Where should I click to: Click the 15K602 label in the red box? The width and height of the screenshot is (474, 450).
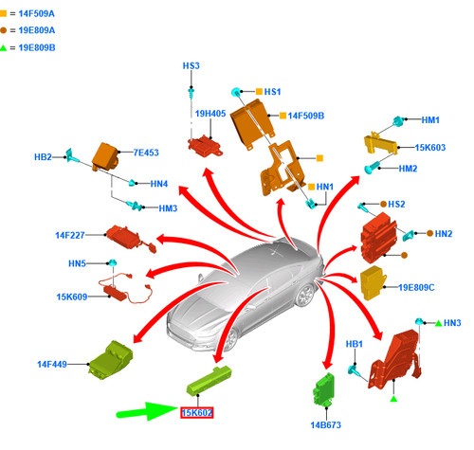197,413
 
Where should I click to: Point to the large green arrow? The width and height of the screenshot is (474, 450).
147,411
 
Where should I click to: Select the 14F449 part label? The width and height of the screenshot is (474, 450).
52,364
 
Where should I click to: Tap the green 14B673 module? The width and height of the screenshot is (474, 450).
324,389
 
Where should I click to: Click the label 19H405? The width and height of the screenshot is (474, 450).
210,114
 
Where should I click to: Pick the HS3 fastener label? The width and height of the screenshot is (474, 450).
191,65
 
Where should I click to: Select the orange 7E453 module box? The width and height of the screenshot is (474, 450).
105,157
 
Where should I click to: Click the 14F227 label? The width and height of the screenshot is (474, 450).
70,235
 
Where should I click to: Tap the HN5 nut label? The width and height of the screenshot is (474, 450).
77,263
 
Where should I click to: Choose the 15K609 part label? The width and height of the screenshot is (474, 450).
72,297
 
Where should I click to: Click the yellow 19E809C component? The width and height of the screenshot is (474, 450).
373,282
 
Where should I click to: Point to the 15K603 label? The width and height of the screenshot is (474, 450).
430,148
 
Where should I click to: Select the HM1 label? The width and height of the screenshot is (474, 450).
430,120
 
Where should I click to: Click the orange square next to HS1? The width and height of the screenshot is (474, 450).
259,92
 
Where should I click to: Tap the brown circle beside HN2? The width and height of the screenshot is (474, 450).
429,233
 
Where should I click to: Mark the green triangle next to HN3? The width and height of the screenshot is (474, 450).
439,323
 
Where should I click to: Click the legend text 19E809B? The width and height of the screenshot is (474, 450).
37,47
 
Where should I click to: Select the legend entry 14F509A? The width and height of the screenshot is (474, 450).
37,13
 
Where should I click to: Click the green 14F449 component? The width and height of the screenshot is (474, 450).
111,360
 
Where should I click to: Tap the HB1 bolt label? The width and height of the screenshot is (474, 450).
355,344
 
